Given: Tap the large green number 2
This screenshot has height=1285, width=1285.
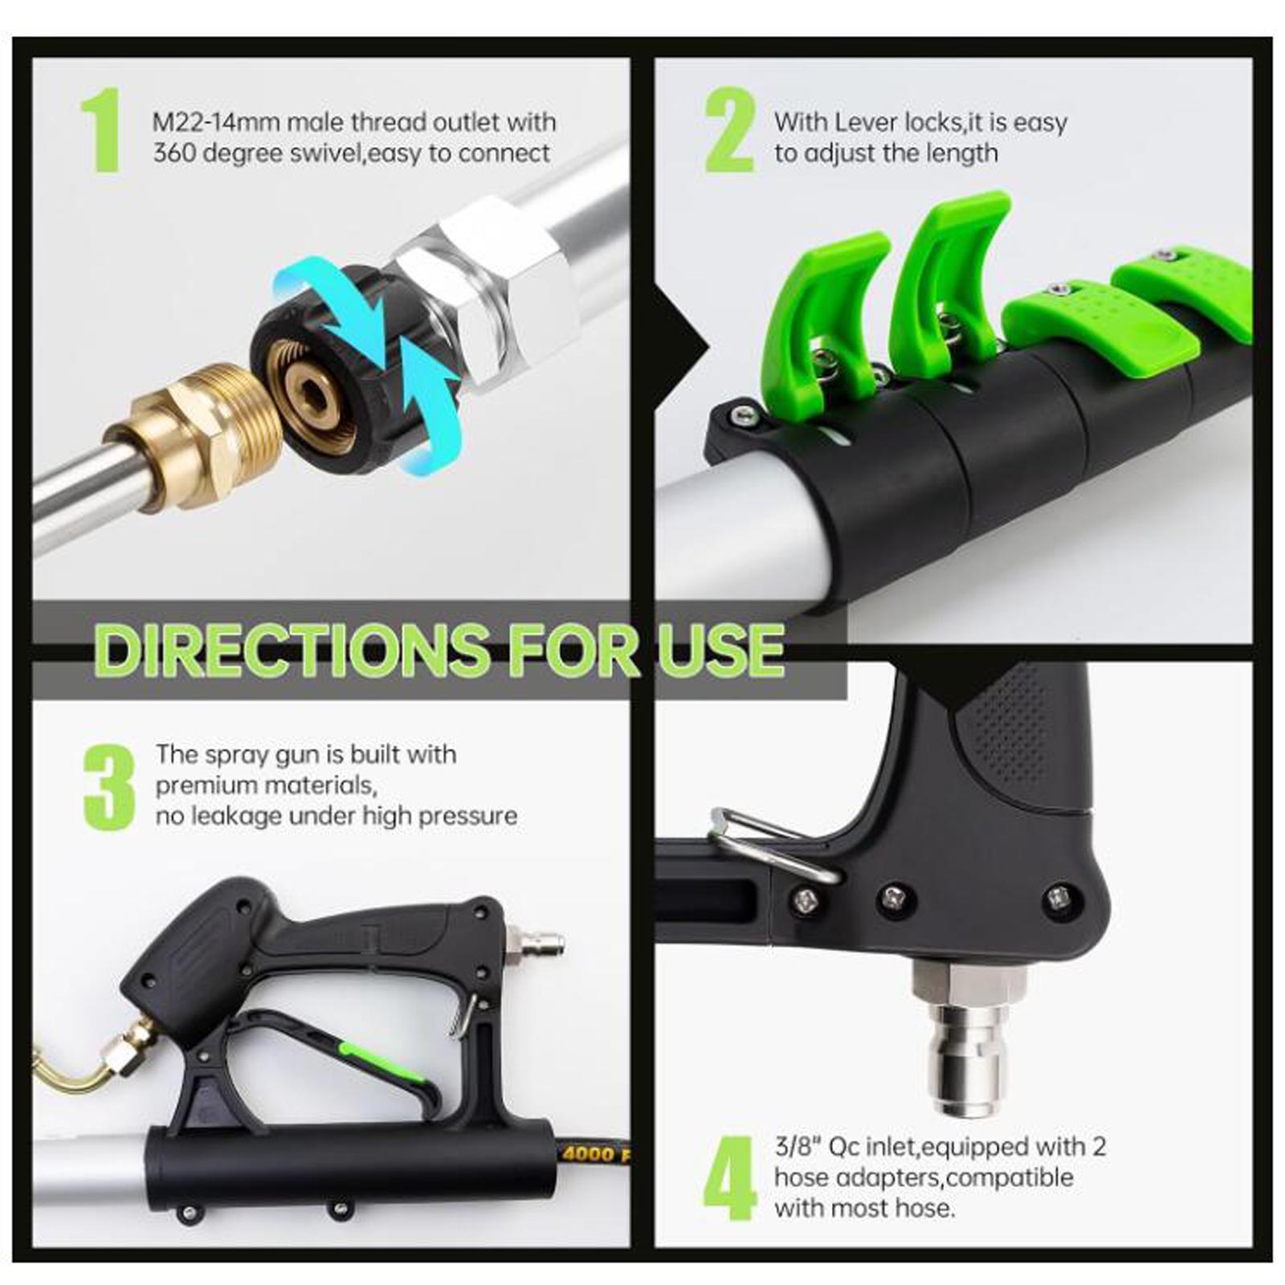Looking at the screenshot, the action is pos(730,130).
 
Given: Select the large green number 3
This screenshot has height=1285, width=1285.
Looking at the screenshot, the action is pos(109,787).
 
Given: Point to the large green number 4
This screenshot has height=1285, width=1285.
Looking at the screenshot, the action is pos(730,1179).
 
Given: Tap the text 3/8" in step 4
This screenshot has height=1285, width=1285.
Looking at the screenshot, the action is pos(796,1146).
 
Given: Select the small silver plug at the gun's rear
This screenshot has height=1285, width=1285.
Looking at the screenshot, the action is pos(534,941).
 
